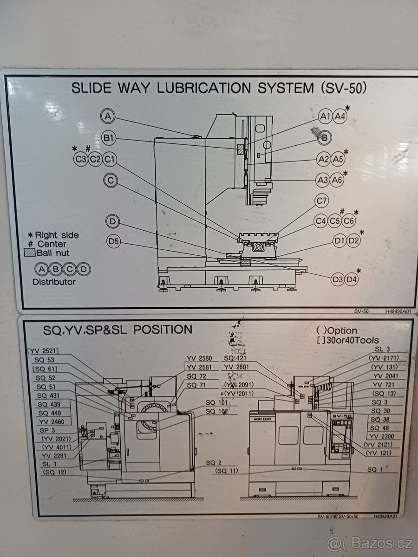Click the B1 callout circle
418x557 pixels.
109,138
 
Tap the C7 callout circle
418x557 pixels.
321,201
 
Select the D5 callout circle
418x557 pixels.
114,241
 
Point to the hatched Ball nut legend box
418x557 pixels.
29,253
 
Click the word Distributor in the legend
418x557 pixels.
54,281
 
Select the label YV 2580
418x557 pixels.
199,358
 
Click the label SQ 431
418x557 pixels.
48,395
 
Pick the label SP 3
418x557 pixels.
47,430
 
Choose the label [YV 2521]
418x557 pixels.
43,351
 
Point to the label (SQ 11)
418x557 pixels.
227,471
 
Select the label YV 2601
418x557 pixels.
236,367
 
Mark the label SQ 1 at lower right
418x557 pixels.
375,470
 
